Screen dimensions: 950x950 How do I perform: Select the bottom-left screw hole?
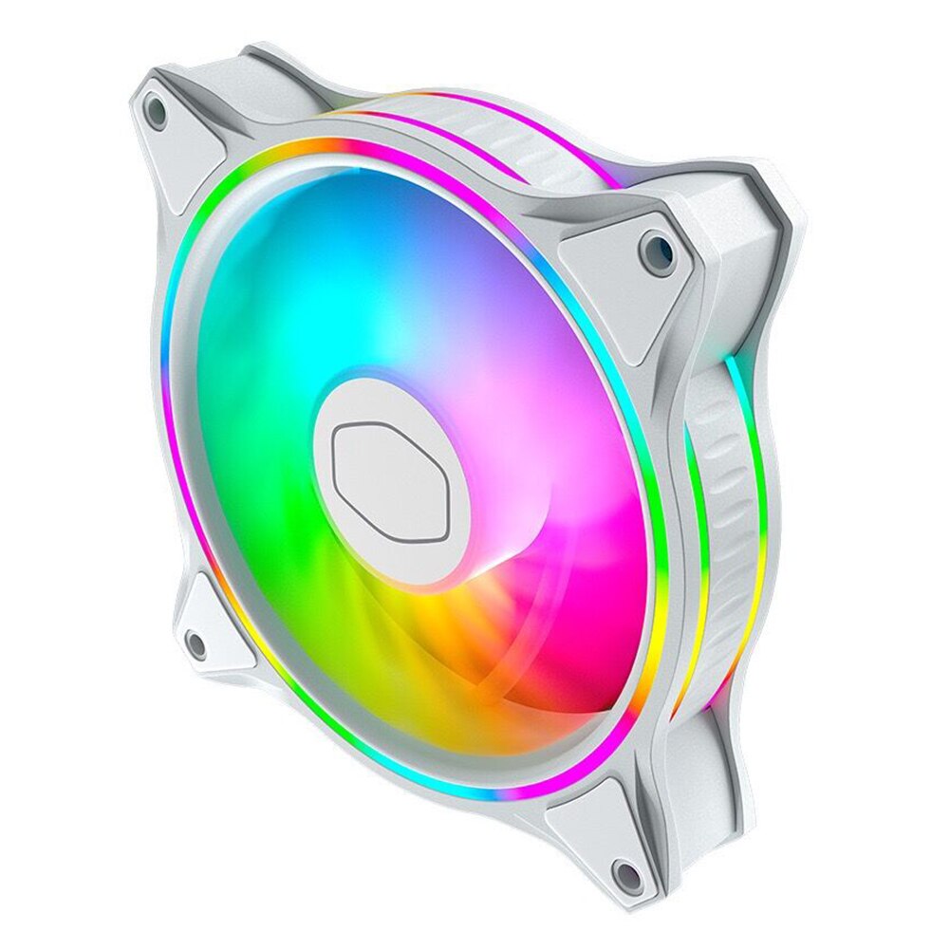195,645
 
